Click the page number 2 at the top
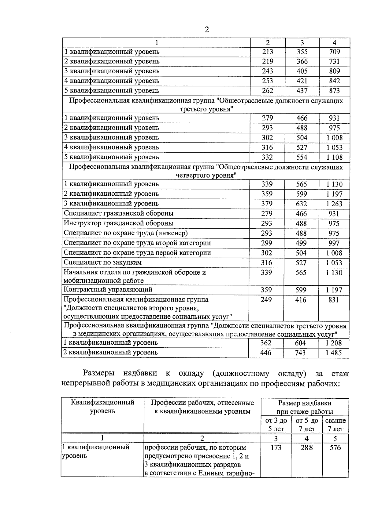click(206, 30)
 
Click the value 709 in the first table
click(334, 52)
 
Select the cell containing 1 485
click(333, 353)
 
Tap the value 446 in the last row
click(265, 353)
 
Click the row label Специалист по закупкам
click(103, 263)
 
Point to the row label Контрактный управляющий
click(108, 289)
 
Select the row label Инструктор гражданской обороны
click(118, 223)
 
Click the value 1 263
click(334, 204)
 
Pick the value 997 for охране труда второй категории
click(334, 243)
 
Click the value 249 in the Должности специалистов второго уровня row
click(266, 300)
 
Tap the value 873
click(334, 91)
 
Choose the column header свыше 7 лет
click(335, 425)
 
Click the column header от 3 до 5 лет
click(276, 425)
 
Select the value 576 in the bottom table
click(335, 448)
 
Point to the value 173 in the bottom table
click(276, 448)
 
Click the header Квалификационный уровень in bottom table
click(102, 407)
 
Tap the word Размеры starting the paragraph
click(98, 373)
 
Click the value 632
click(301, 204)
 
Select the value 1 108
click(334, 157)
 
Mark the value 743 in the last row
click(300, 353)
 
